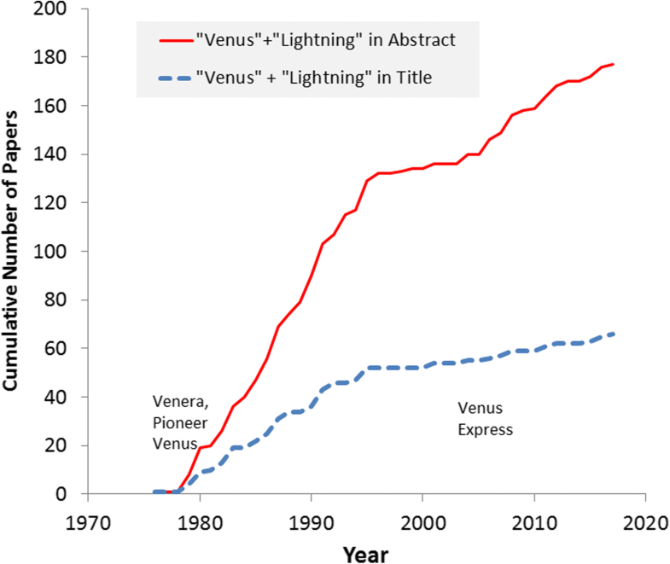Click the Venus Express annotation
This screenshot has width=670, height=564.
tap(485, 418)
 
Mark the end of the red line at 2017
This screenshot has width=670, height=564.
tap(612, 65)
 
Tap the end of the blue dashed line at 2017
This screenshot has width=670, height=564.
tap(612, 334)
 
